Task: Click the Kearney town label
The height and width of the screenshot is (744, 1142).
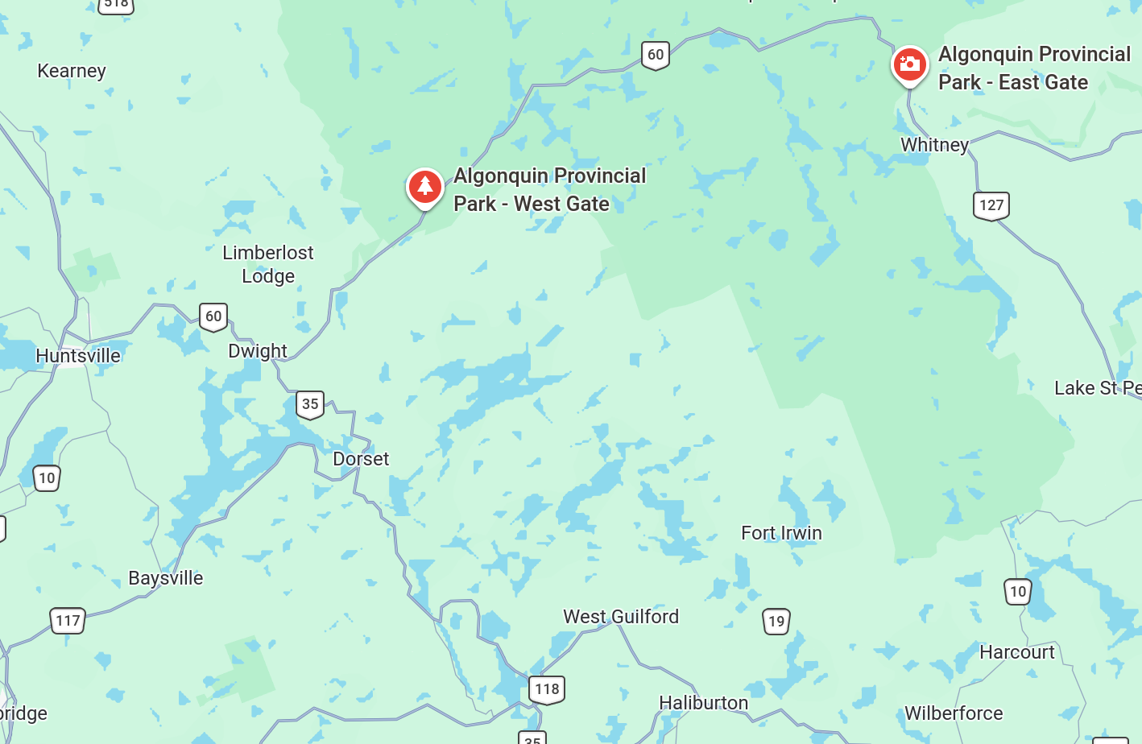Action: pos(72,71)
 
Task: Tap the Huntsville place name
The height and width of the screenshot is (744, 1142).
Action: pos(78,355)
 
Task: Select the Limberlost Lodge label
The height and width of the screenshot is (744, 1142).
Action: pos(268,264)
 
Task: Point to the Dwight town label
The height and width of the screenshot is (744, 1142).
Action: pos(258,351)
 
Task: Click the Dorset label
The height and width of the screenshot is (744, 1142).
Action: pos(361,459)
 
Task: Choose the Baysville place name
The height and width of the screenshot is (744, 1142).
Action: pos(166,578)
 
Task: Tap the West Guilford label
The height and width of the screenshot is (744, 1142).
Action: pos(621,617)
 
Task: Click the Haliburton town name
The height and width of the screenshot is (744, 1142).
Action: pos(703,703)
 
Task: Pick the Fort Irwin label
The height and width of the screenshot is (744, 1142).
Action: pos(781,533)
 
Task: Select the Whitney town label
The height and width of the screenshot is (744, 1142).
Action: pos(934,145)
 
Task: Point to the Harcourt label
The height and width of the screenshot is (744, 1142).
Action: pos(1016,652)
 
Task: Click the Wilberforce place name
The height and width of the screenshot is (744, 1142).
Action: pos(954,713)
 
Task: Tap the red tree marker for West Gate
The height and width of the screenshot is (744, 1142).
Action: pos(424,187)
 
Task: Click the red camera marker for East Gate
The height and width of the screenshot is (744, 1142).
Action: pos(909,64)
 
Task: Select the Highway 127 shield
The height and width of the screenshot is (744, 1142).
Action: pos(991,205)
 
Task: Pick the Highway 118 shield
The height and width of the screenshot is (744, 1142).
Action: pos(547,689)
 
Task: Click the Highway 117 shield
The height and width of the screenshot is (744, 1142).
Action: pos(68,621)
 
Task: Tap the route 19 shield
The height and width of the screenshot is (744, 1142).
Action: pos(776,622)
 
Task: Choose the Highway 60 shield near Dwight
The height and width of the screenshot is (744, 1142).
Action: pos(213,316)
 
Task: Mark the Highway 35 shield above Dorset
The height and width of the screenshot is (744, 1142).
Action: pos(310,404)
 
